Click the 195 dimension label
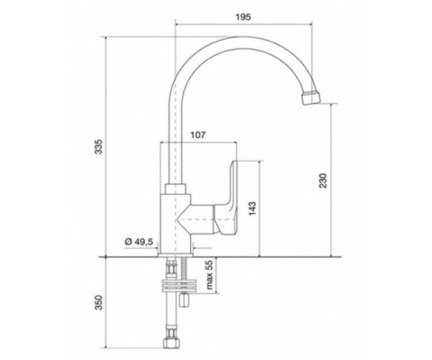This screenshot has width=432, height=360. click(244, 17)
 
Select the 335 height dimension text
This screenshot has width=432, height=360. click(99, 147)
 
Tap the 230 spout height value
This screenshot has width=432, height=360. click(323, 181)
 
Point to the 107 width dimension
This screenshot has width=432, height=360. click(198, 135)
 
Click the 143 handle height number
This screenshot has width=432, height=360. click(253, 208)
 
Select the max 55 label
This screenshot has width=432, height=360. click(210, 275)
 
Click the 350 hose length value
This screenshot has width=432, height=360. click(99, 302)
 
